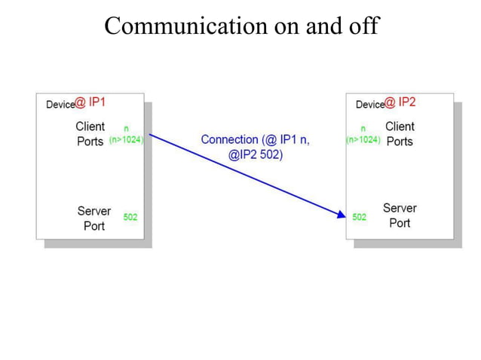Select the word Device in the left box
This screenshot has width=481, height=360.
point(60,105)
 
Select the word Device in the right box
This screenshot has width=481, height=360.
point(369,105)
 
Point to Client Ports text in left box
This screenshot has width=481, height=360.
point(90,134)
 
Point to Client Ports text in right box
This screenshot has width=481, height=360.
point(400,134)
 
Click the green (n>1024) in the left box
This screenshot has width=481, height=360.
point(127,140)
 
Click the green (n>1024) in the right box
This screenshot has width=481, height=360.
point(363,140)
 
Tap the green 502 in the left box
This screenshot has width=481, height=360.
point(130,217)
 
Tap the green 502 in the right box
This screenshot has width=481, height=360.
point(360,217)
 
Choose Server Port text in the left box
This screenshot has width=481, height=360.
point(93,218)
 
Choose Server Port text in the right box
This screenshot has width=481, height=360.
point(400,215)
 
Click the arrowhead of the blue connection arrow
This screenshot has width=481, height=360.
point(341,215)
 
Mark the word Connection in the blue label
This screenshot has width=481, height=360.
point(228,140)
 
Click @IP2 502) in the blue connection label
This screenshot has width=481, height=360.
point(256,154)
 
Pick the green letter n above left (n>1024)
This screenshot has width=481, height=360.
point(126,129)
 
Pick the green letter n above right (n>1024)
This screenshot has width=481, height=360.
point(363,129)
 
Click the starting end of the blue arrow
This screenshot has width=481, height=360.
point(151,136)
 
